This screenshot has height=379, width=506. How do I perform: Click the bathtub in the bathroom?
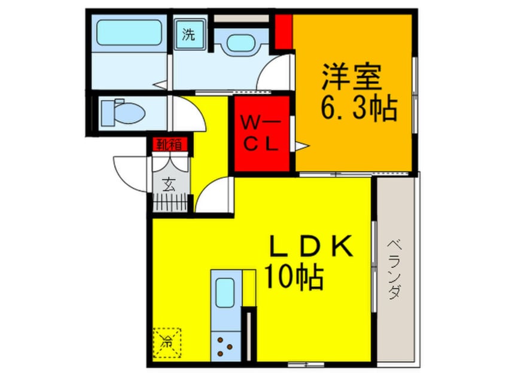point(129,32)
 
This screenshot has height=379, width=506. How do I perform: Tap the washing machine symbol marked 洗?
point(189,34)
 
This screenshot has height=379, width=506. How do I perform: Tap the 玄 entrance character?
point(169,184)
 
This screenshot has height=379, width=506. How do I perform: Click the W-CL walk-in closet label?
point(261,133)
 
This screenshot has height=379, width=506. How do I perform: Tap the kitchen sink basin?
point(225,294)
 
